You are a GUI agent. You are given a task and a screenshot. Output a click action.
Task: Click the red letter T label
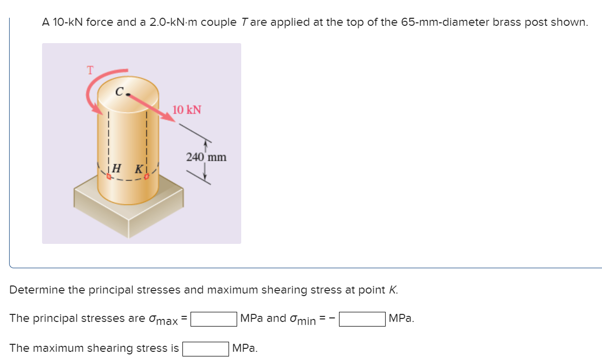tap(90, 70)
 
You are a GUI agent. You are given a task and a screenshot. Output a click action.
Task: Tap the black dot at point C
tap(130, 94)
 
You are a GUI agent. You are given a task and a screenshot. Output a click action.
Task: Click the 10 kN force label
tap(186, 110)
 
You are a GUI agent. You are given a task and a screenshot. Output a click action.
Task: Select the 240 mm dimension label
tap(206, 157)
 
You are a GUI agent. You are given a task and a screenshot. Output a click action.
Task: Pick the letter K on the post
tap(137, 167)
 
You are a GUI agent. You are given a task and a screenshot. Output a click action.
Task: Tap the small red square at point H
tap(108, 176)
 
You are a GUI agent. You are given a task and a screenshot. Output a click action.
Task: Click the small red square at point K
tap(147, 176)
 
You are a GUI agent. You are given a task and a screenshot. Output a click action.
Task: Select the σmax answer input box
tap(213, 319)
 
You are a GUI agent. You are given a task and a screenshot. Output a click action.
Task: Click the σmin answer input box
tap(362, 319)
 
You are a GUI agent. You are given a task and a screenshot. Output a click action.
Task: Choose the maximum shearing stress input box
tap(205, 348)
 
